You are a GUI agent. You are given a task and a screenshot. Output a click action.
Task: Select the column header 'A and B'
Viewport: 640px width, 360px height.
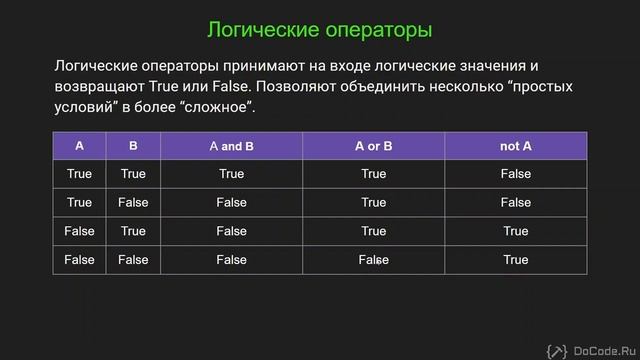click(232, 146)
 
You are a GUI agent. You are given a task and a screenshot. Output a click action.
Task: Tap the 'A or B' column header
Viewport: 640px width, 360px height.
click(373, 146)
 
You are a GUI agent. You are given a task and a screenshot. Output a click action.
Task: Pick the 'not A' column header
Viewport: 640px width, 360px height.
click(515, 146)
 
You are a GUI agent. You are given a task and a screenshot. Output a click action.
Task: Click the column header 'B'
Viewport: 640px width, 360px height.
click(133, 146)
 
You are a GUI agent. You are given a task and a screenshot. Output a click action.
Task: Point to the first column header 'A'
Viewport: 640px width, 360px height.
click(79, 146)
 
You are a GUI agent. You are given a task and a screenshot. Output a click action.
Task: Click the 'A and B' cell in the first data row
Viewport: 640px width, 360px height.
click(232, 174)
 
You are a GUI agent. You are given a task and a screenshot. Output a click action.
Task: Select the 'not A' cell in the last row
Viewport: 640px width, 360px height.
click(515, 260)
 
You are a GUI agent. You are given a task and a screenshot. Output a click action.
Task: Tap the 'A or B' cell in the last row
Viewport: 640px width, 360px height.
click(373, 260)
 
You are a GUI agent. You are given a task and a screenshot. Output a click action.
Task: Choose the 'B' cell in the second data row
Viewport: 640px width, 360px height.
click(133, 203)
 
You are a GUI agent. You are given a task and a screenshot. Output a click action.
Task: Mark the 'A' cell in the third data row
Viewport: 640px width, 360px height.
click(79, 231)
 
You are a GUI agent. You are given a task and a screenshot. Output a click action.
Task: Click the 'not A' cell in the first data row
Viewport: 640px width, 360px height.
click(515, 174)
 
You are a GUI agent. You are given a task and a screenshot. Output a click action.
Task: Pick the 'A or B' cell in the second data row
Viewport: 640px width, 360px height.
click(373, 203)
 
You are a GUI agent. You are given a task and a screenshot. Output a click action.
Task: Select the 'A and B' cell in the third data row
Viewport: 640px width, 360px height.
click(232, 231)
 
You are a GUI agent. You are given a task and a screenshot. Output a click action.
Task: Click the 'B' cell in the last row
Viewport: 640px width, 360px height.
click(133, 260)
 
